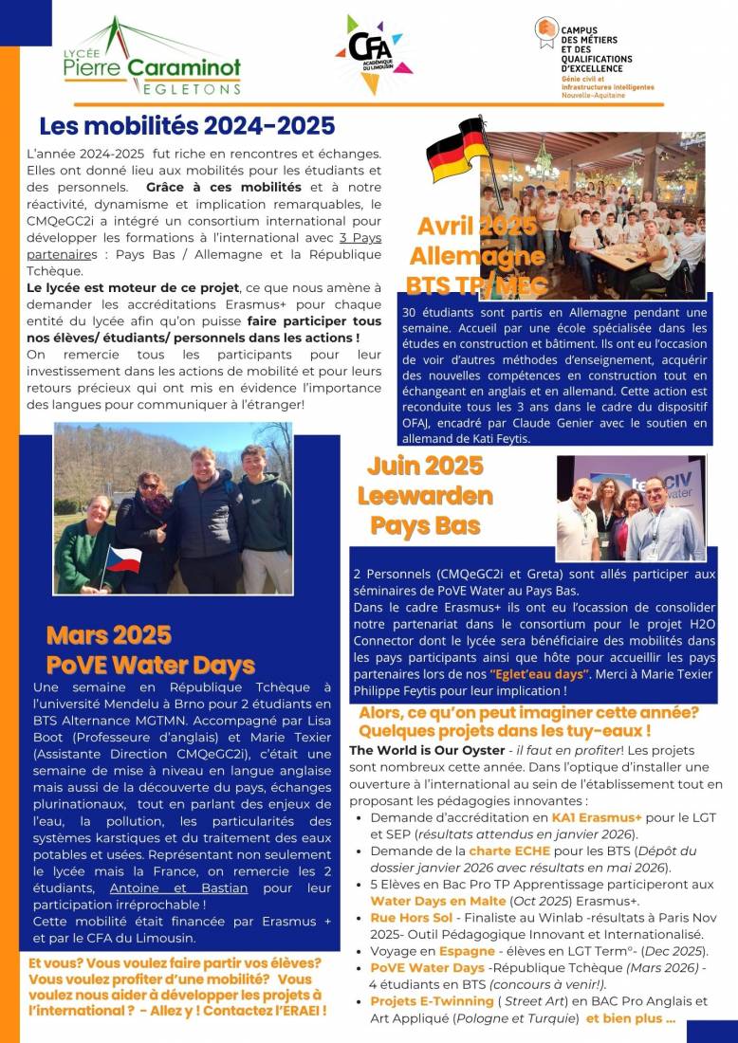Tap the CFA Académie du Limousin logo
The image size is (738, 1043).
coord(373,52)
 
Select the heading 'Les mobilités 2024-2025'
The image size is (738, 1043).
coord(187,125)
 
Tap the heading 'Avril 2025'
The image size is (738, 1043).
coord(477,227)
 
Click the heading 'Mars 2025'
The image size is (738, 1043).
coord(109,634)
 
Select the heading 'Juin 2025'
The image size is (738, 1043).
coord(425,466)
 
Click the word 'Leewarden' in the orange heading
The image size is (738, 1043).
coord(425,495)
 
